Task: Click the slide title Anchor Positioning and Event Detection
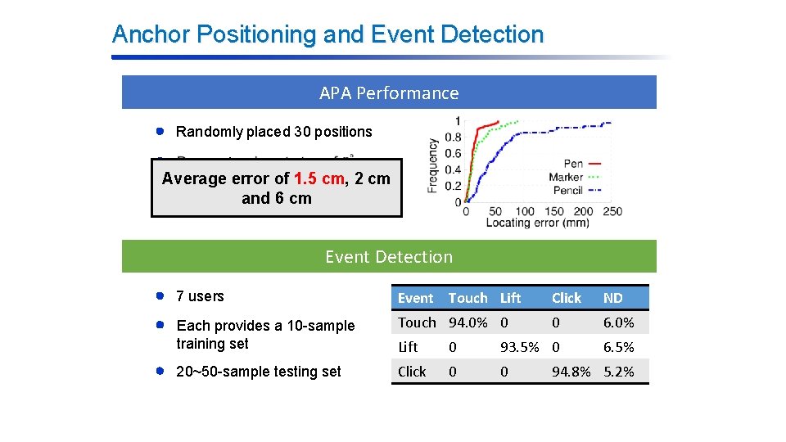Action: pyautogui.click(x=327, y=34)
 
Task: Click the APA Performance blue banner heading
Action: pyautogui.click(x=389, y=93)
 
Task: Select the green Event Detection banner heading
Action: pyautogui.click(x=389, y=257)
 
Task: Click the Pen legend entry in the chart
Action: pyautogui.click(x=573, y=165)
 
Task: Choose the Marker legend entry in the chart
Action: pyautogui.click(x=566, y=177)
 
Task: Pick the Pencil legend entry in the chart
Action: pyautogui.click(x=567, y=190)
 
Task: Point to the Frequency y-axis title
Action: pyautogui.click(x=432, y=165)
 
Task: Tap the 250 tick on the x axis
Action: pyautogui.click(x=612, y=211)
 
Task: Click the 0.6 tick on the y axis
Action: pyautogui.click(x=452, y=153)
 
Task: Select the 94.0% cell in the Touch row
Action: pyautogui.click(x=468, y=322)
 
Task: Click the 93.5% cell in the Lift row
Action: pyautogui.click(x=521, y=347)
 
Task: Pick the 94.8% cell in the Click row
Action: pyautogui.click(x=571, y=372)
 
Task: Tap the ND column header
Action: pyautogui.click(x=612, y=298)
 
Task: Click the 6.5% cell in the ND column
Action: pyautogui.click(x=618, y=347)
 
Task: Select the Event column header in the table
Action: pyautogui.click(x=415, y=298)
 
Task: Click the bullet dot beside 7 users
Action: pyautogui.click(x=161, y=295)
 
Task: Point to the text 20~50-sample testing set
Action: pyautogui.click(x=259, y=372)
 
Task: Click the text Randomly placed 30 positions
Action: pyautogui.click(x=273, y=132)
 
